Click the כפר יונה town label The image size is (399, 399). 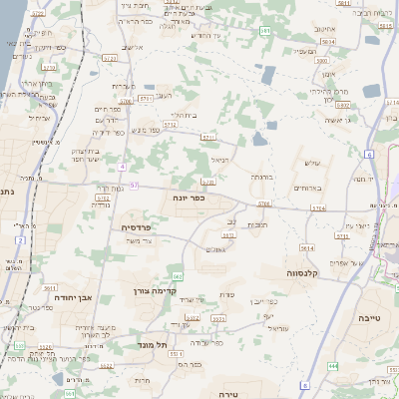tap(185, 198)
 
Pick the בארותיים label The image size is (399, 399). tap(305, 188)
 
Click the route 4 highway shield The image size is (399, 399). tap(122, 166)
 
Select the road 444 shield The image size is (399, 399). tap(332, 366)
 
